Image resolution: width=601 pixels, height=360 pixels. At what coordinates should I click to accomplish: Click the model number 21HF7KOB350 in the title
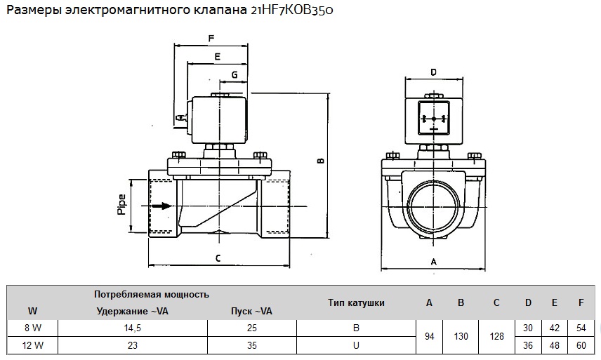(291, 10)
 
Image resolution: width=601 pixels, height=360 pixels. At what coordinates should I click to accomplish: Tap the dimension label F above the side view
(211, 39)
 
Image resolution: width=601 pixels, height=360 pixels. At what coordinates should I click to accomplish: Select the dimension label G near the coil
(235, 74)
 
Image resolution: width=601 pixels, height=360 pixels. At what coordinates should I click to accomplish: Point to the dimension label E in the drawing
(218, 57)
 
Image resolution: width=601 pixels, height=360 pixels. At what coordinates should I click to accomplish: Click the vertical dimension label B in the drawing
(321, 161)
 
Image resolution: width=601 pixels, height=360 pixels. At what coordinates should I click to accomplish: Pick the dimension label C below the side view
(218, 258)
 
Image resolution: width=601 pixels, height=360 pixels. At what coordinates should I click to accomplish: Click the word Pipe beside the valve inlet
(121, 204)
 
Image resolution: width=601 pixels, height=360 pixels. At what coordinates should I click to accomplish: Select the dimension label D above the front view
(433, 72)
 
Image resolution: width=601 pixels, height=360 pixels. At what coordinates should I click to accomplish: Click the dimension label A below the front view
(433, 262)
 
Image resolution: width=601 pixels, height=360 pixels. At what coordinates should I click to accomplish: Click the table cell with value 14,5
(133, 328)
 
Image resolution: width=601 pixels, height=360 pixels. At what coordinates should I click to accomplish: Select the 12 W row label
(32, 345)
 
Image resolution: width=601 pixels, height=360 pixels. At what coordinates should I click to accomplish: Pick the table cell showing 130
(461, 336)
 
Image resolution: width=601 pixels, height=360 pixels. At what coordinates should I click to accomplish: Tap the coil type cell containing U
(356, 345)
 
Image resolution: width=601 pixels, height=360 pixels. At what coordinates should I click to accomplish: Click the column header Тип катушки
(356, 302)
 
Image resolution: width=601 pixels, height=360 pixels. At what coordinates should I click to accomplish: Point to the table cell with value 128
(497, 336)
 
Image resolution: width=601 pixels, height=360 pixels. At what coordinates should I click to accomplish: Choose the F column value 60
(581, 345)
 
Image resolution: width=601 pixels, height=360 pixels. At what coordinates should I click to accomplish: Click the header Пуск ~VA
(251, 311)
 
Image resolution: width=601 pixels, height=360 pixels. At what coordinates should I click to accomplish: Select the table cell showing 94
(429, 336)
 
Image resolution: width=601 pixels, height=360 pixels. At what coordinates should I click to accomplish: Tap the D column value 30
(528, 328)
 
